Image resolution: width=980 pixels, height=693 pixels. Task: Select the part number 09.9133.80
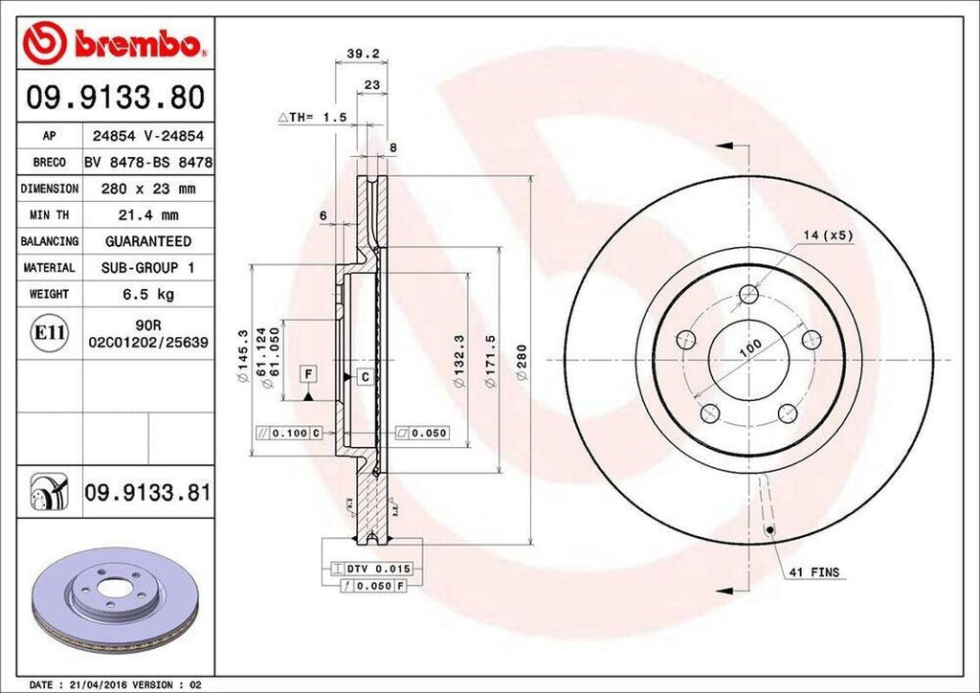tap(115, 97)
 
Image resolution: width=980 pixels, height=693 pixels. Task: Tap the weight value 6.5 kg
tap(147, 294)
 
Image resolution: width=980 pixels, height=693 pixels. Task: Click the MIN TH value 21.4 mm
tap(147, 215)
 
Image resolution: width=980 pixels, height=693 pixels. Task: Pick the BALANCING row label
tap(50, 241)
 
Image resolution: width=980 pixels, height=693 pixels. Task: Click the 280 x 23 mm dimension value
tap(147, 189)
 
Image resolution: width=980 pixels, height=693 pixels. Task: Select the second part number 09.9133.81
tap(147, 493)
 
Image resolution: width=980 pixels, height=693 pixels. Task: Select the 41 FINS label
tap(813, 572)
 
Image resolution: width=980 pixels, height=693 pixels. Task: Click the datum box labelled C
tap(365, 376)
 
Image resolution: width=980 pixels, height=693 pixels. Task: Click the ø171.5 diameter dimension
tap(491, 360)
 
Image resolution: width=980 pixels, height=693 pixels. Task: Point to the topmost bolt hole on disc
tap(749, 294)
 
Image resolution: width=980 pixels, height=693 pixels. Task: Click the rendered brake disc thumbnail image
tap(115, 601)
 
